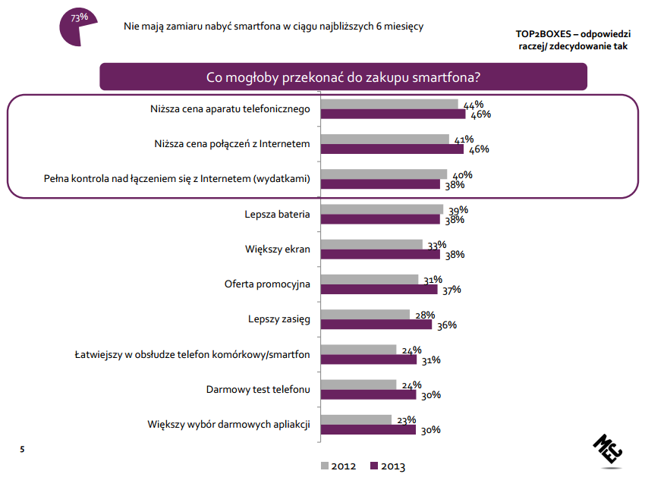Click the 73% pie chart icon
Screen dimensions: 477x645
pos(76,23)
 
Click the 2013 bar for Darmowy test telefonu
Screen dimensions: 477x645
pos(369,394)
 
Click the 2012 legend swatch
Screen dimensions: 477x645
pos(325,466)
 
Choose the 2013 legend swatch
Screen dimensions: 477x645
pos(373,466)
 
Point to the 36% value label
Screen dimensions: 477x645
pos(445,325)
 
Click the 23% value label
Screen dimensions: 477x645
pos(406,419)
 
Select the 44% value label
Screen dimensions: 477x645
pos(474,105)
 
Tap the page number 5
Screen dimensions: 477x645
pos(22,450)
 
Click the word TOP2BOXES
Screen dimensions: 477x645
pos(542,33)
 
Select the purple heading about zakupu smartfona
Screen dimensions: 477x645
pos(344,77)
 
